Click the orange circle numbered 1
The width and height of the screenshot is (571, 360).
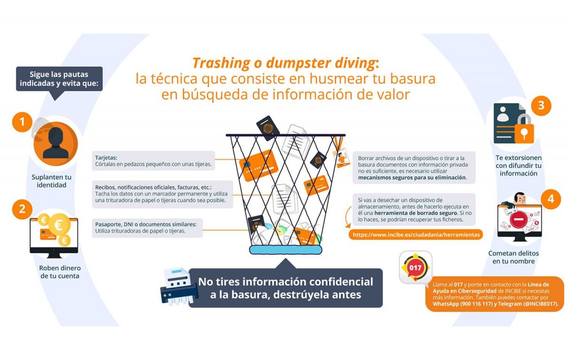click(x=22, y=122)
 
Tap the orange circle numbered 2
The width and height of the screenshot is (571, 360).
click(x=22, y=209)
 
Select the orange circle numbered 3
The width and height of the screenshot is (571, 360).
click(x=541, y=106)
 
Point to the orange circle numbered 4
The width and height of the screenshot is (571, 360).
click(x=551, y=199)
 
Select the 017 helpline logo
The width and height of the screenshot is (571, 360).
click(x=415, y=268)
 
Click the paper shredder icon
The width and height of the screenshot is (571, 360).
click(x=179, y=286)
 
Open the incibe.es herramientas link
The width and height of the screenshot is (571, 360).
click(x=416, y=234)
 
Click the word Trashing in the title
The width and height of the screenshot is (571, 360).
click(x=221, y=63)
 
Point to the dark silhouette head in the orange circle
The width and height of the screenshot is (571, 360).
click(x=56, y=143)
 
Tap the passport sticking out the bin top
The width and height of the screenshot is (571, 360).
click(x=267, y=128)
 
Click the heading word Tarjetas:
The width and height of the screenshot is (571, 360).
click(x=106, y=157)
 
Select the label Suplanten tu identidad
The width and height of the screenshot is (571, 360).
click(x=51, y=181)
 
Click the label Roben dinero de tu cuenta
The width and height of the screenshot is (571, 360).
click(x=60, y=272)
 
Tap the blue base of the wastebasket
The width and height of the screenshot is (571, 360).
click(x=285, y=250)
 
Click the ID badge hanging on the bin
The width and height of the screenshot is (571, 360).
click(x=341, y=157)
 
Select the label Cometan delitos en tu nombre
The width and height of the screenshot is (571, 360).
click(x=513, y=257)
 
